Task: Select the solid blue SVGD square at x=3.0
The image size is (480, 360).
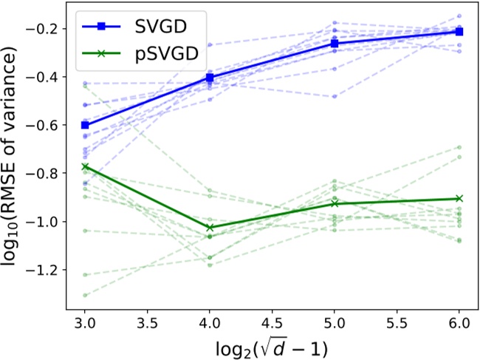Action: pyautogui.click(x=85, y=125)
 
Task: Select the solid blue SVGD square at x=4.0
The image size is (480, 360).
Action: pyautogui.click(x=210, y=77)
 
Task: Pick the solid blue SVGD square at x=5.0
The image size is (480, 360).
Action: pyautogui.click(x=335, y=44)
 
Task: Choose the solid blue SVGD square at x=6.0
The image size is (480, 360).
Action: pyautogui.click(x=459, y=31)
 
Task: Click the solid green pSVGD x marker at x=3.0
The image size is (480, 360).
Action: pyautogui.click(x=85, y=167)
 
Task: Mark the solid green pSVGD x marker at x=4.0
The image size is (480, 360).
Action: pyautogui.click(x=210, y=228)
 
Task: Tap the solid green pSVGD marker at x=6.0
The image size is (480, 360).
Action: pyautogui.click(x=459, y=198)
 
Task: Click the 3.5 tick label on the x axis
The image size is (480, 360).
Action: pyautogui.click(x=147, y=324)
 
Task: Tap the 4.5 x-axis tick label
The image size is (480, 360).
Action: pyautogui.click(x=272, y=324)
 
